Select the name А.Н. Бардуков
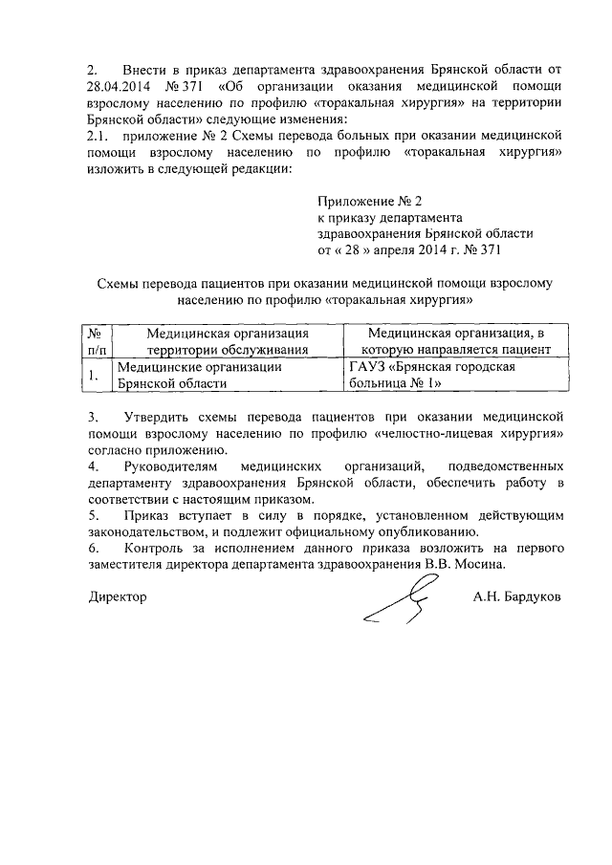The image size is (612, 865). click(x=516, y=595)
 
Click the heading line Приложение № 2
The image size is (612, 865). click(x=368, y=201)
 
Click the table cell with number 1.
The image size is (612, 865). click(x=95, y=375)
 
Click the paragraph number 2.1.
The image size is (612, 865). click(x=98, y=137)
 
